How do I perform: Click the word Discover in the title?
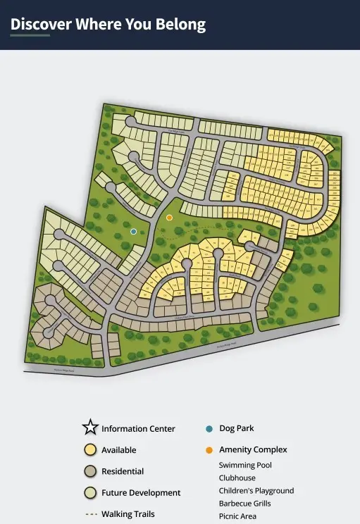(41, 24)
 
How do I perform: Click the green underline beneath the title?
(30, 35)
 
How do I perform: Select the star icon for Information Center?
(89, 428)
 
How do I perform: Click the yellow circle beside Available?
(89, 449)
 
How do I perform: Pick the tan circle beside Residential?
(89, 471)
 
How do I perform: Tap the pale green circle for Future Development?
(89, 492)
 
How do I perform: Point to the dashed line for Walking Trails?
(90, 514)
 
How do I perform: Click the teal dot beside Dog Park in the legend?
(209, 428)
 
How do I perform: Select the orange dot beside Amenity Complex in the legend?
(209, 449)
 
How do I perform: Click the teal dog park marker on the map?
(134, 231)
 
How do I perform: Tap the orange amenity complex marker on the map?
(169, 218)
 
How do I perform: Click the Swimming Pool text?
(245, 465)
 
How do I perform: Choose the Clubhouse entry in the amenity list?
(237, 478)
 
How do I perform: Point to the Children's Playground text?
(256, 490)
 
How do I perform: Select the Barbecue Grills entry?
(244, 504)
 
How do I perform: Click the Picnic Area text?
(237, 516)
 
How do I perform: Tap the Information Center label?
(138, 428)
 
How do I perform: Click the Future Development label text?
(141, 492)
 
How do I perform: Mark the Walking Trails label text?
(128, 514)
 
